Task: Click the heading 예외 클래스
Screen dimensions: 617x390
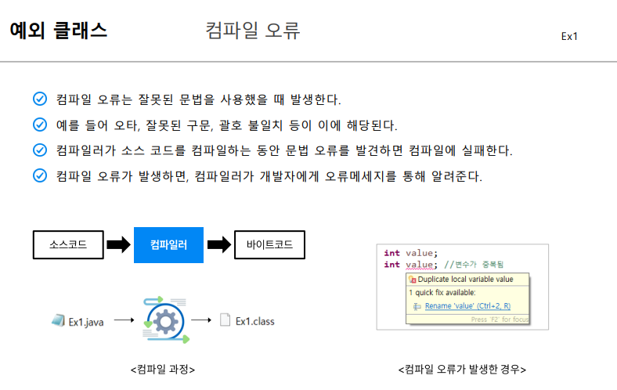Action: coord(59,31)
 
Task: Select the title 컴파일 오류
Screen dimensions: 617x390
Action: coord(253,31)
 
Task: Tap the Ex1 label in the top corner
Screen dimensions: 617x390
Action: coord(569,37)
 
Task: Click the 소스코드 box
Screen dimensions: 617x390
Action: coord(67,245)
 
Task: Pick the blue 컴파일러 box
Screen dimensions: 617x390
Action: coord(168,245)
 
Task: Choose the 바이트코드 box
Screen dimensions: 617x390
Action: coord(269,245)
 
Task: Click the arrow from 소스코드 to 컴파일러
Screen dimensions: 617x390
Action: coord(117,245)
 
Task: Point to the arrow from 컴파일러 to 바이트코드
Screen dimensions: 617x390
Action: coord(219,245)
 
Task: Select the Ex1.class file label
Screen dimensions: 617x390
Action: coord(254,320)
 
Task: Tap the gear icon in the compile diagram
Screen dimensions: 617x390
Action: coord(164,320)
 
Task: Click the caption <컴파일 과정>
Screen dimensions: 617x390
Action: coord(163,369)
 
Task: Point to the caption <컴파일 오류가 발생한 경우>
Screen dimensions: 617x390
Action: coord(462,369)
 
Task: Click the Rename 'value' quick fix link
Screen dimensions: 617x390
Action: coord(467,306)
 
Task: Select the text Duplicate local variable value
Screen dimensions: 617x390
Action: coord(465,279)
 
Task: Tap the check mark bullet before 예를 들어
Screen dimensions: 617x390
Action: coord(40,125)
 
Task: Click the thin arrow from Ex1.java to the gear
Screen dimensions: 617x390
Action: coord(125,320)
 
